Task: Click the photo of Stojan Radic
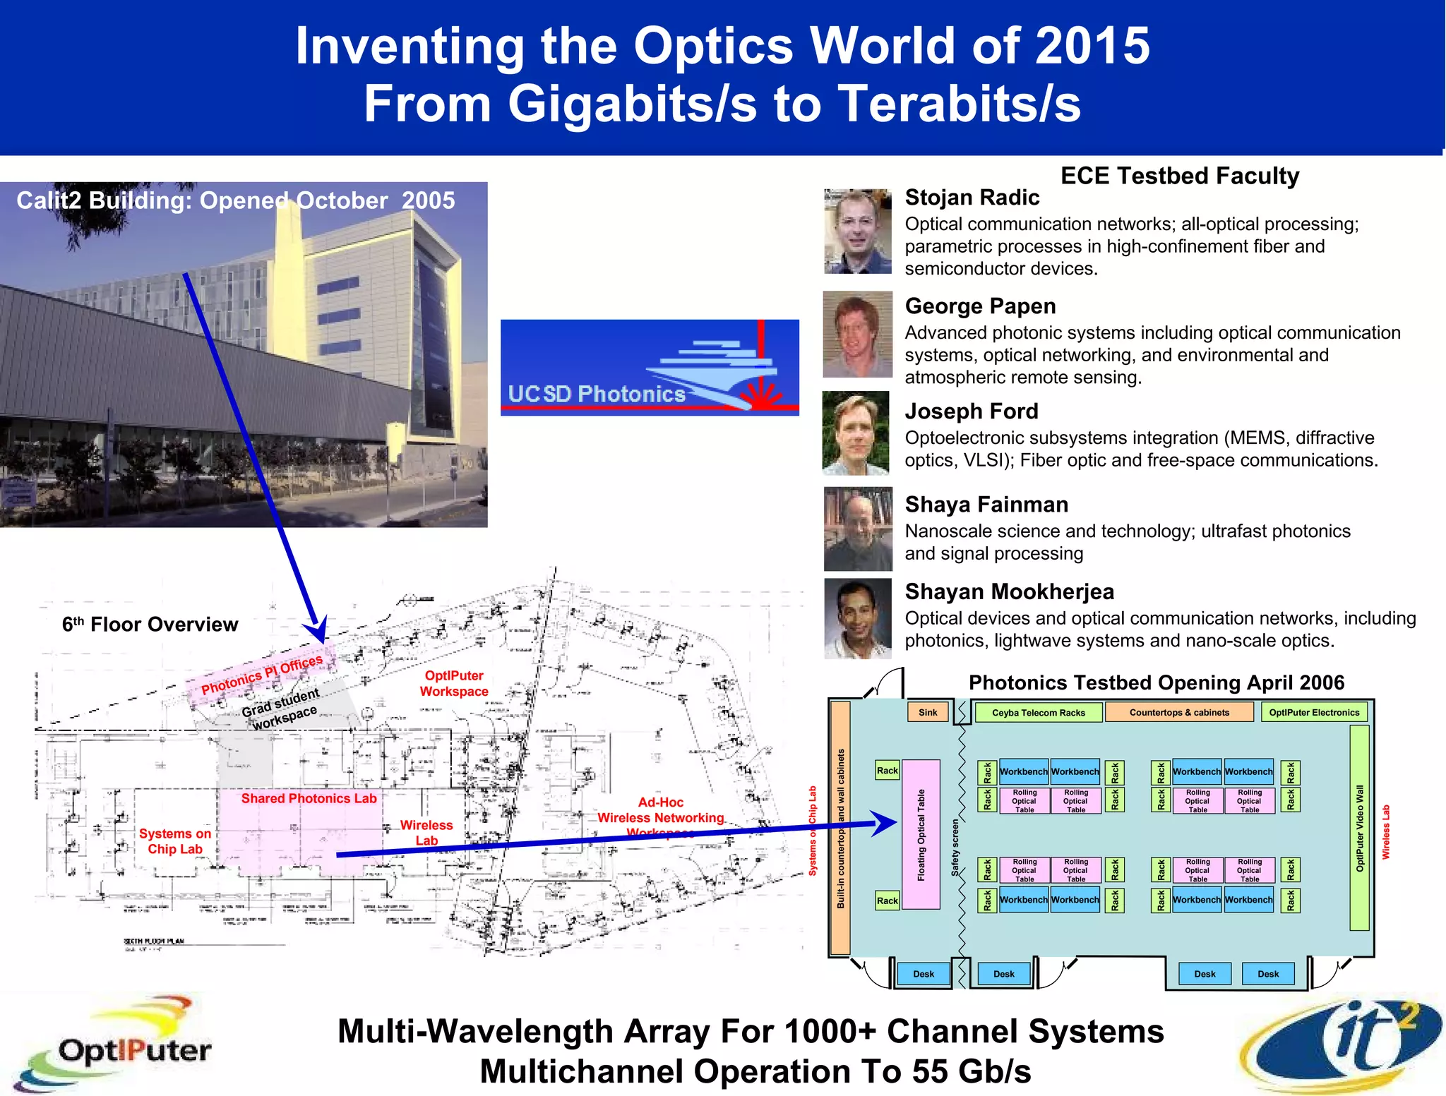(857, 231)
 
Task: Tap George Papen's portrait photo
(857, 335)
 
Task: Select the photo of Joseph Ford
(856, 433)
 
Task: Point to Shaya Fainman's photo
(857, 529)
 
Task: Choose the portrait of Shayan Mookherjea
(857, 618)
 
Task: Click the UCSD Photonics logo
(650, 367)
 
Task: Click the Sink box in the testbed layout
(928, 712)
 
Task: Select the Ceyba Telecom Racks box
(1038, 712)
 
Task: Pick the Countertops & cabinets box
(1179, 712)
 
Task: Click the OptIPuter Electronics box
(1314, 712)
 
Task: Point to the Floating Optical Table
(921, 834)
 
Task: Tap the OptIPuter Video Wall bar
(1359, 828)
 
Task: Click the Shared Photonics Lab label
(309, 798)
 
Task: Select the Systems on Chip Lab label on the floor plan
(175, 841)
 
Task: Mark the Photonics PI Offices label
(262, 675)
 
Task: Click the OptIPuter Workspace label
(454, 683)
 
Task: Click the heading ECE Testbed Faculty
(1180, 176)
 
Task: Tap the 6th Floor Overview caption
(150, 625)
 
